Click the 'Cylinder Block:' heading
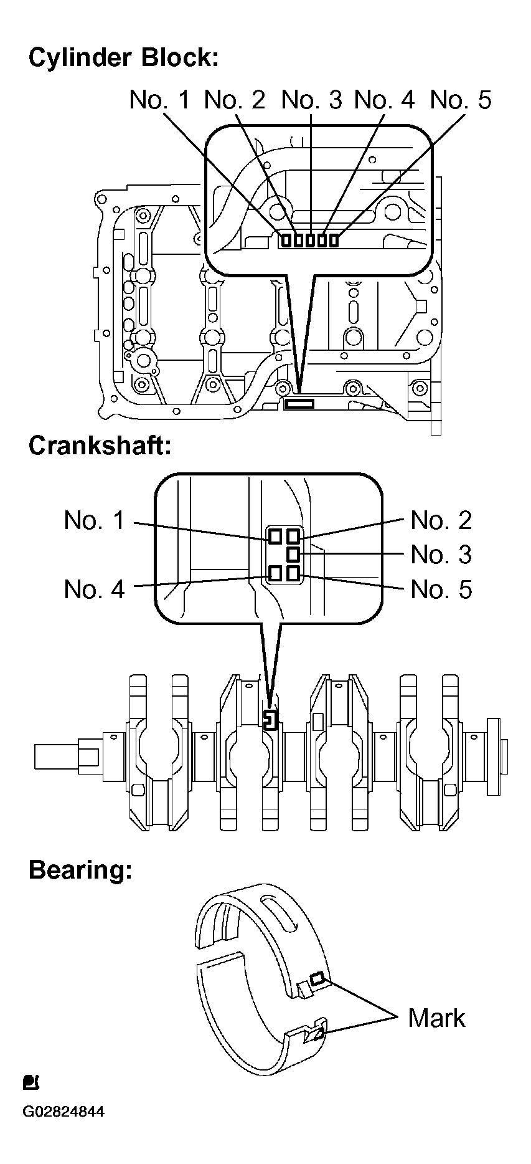pyautogui.click(x=123, y=58)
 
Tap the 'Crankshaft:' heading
pyautogui.click(x=100, y=446)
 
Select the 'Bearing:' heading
pyautogui.click(x=80, y=871)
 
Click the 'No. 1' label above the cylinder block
pyautogui.click(x=159, y=100)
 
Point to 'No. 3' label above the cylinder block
pyautogui.click(x=312, y=100)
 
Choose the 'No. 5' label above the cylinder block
pyautogui.click(x=461, y=100)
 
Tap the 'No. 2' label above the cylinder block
pyautogui.click(x=235, y=100)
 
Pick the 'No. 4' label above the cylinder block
pyautogui.click(x=384, y=100)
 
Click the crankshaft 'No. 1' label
pyautogui.click(x=94, y=520)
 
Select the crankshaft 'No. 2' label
pyautogui.click(x=441, y=520)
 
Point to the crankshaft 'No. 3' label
pyautogui.click(x=441, y=555)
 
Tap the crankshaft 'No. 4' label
pyautogui.click(x=94, y=589)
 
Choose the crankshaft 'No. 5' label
pyautogui.click(x=441, y=589)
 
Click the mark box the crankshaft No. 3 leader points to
pyautogui.click(x=293, y=554)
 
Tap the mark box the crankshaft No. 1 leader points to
pyautogui.click(x=275, y=536)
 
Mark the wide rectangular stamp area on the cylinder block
pyautogui.click(x=299, y=404)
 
